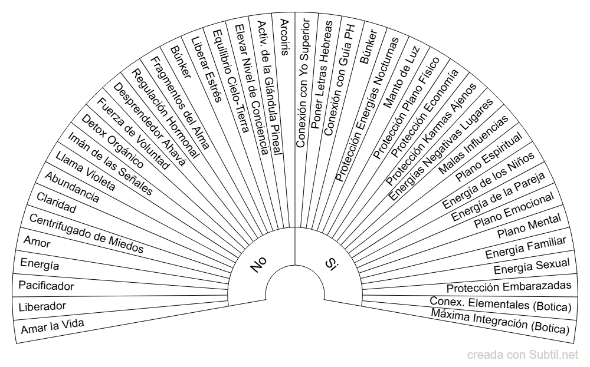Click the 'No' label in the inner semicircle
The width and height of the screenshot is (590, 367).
(258, 264)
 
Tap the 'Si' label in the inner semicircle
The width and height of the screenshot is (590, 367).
(331, 263)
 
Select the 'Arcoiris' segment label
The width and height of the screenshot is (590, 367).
(284, 37)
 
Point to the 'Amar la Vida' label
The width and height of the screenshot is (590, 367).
(53, 326)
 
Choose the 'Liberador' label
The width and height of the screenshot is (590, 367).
(42, 306)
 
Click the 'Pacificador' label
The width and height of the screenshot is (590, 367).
(46, 286)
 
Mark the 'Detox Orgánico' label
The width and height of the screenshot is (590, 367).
(113, 141)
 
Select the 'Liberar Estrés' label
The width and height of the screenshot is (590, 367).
(206, 69)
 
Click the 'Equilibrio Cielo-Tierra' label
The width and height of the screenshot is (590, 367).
(231, 81)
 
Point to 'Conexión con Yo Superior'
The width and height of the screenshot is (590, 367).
(303, 83)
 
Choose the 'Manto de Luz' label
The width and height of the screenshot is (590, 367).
(401, 77)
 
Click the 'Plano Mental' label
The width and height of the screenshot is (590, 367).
(529, 226)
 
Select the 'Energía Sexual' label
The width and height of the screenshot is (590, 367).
(532, 267)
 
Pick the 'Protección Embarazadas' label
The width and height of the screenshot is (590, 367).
(509, 287)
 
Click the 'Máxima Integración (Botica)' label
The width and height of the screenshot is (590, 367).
(500, 321)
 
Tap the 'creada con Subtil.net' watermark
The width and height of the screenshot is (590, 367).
(523, 355)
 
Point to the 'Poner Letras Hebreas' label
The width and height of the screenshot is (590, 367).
(322, 75)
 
